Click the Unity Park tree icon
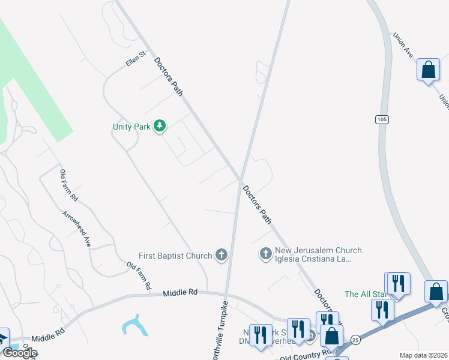(x=160, y=126)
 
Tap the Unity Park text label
(x=131, y=127)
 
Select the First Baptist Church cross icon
(x=221, y=256)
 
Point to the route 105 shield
(x=381, y=119)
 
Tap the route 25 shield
(x=355, y=339)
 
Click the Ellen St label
(x=136, y=59)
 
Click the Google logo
(x=19, y=353)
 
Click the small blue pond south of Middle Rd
(x=134, y=325)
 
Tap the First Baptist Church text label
(x=175, y=256)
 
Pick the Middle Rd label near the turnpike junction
(x=180, y=293)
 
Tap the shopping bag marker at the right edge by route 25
(x=436, y=292)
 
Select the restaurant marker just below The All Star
(x=381, y=310)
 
